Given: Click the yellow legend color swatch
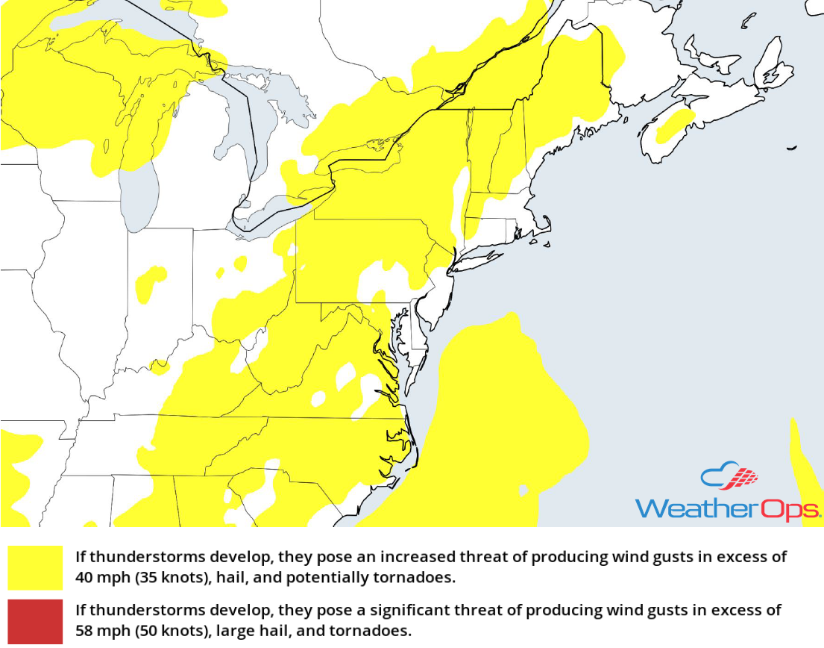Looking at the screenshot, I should pyautogui.click(x=35, y=567).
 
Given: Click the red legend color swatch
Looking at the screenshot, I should pyautogui.click(x=35, y=620).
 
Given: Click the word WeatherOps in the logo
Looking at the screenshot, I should pyautogui.click(x=727, y=509).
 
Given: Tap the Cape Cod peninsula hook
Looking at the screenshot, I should pyautogui.click(x=545, y=228).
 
